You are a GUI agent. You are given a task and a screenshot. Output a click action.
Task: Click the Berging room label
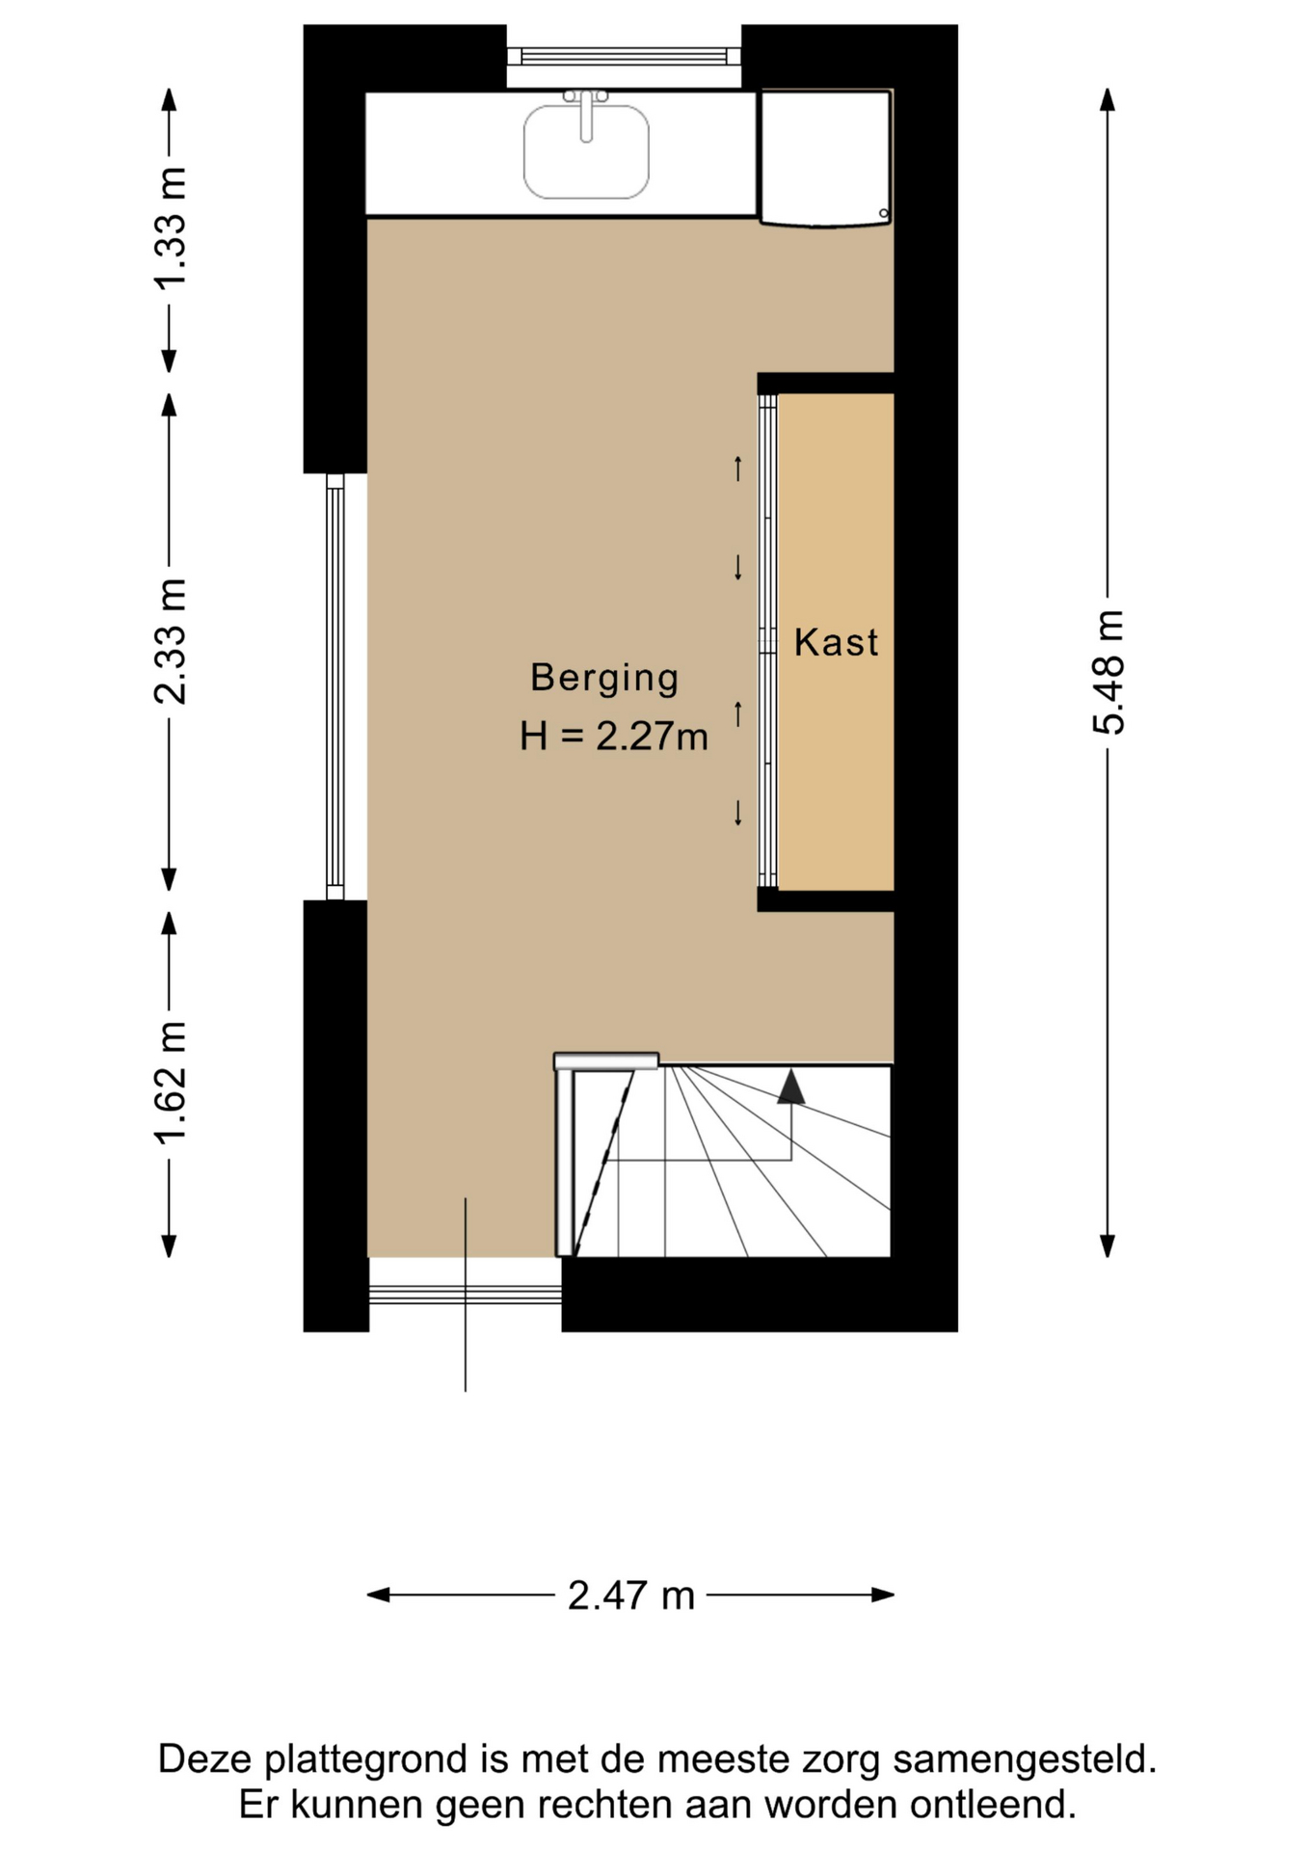point(604,679)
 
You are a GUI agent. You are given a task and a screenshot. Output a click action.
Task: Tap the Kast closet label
point(836,643)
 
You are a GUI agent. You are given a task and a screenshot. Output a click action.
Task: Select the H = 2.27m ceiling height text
point(614,738)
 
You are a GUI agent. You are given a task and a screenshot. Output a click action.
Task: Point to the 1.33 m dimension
point(171,229)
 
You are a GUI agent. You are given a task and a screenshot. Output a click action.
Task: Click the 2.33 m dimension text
point(171,642)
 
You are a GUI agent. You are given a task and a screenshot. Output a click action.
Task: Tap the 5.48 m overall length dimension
point(1109,672)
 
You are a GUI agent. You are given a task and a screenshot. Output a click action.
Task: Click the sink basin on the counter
point(586,151)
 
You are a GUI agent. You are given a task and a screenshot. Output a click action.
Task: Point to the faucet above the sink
point(586,114)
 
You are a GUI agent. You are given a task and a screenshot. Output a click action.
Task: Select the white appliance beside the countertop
point(825,158)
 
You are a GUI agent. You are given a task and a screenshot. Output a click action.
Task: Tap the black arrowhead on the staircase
point(791,1086)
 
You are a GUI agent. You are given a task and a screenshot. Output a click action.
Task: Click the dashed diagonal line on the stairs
point(604,1164)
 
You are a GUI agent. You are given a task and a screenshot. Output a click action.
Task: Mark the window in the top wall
point(624,56)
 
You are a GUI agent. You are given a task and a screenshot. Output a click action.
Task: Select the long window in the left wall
point(334,686)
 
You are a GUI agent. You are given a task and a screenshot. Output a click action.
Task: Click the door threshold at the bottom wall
point(466,1294)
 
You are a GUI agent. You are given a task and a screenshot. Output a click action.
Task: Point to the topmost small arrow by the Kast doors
point(738,469)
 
